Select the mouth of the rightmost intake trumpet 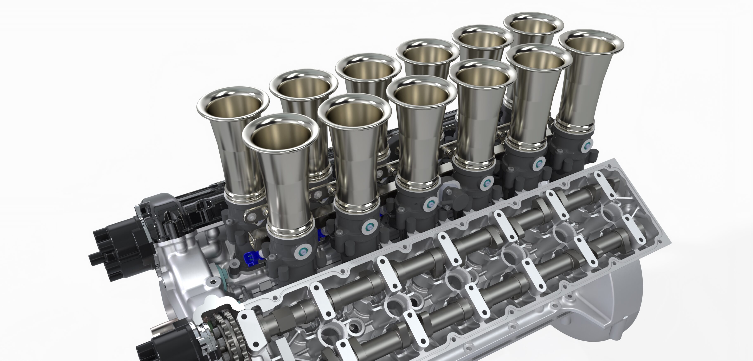tap(591, 44)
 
